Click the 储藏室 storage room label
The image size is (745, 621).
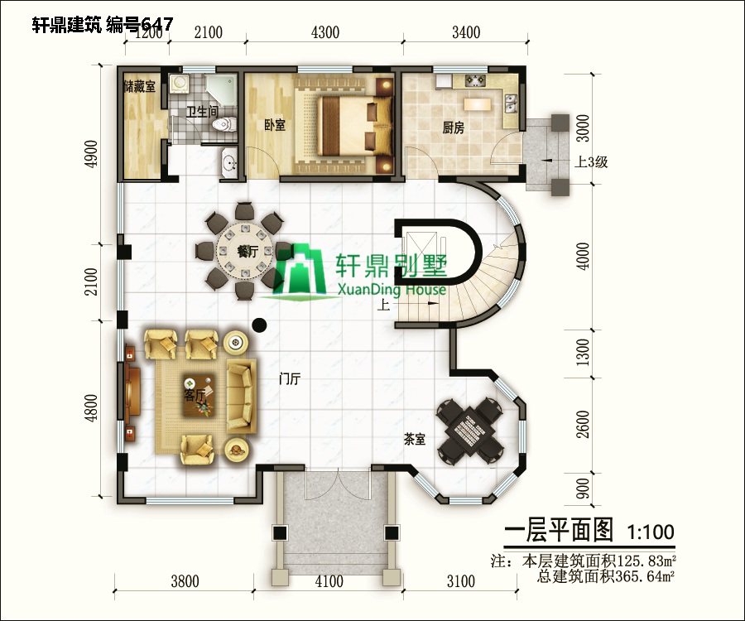pos(139,87)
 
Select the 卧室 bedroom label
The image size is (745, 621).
pos(275,125)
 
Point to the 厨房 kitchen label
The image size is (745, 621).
pos(453,128)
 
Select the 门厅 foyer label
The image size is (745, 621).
pos(290,379)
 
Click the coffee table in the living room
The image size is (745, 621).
pos(195,392)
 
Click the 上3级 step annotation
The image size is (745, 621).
pos(591,162)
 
